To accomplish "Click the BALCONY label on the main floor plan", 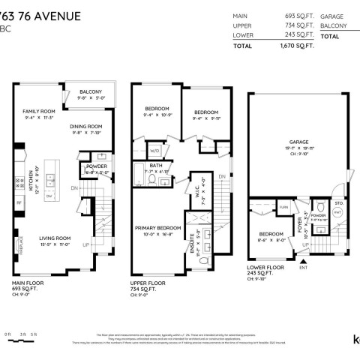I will click(94, 92).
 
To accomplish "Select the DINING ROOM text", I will click(86, 127).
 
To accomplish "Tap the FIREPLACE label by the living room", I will click(21, 244).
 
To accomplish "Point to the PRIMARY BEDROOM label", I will click(158, 226).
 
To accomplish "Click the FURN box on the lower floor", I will click(283, 206).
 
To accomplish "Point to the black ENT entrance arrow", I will click(303, 259).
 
